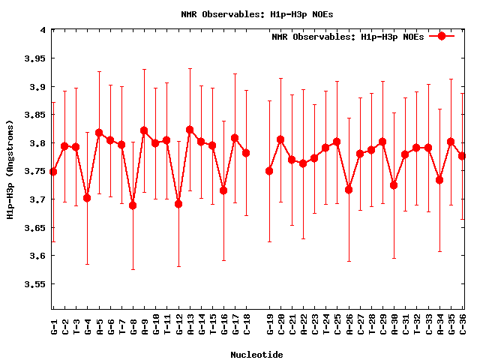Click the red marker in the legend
(x=442, y=36)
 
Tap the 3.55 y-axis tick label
(x=34, y=284)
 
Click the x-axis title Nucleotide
(x=256, y=354)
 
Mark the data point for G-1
(x=53, y=172)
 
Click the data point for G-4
(x=87, y=198)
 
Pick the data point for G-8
(x=133, y=205)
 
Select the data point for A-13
(x=190, y=130)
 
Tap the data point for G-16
(x=223, y=190)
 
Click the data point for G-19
(x=269, y=171)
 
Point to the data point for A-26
(x=349, y=190)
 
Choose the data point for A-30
(x=394, y=185)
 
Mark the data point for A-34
(x=439, y=180)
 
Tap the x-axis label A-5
(x=99, y=326)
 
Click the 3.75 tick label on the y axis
(x=34, y=172)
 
